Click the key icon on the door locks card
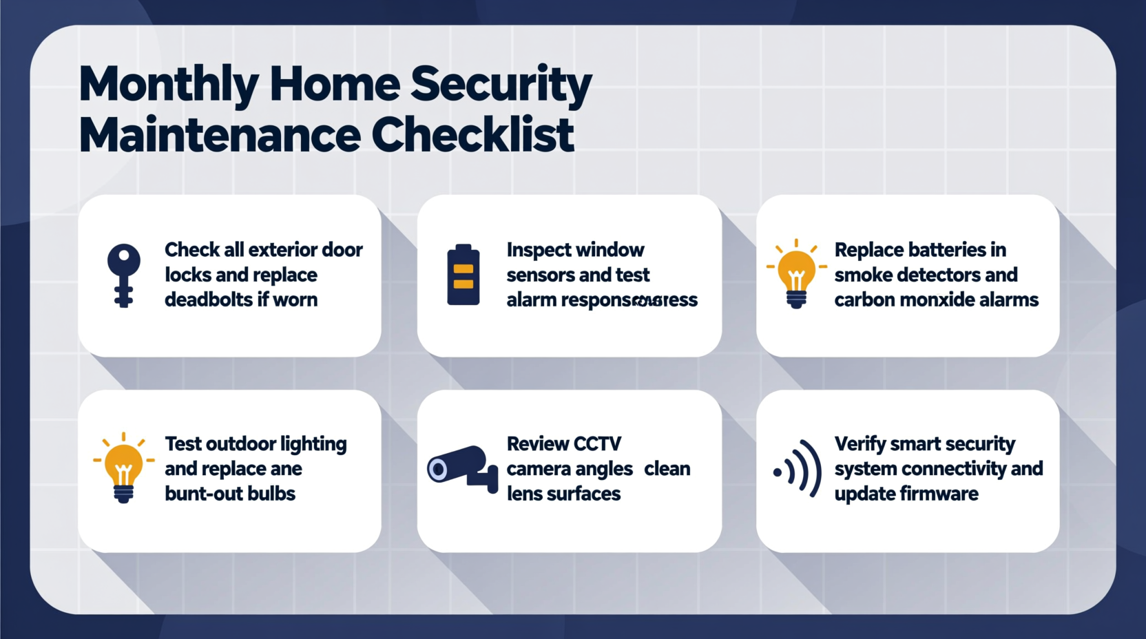[124, 274]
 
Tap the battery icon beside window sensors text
[463, 275]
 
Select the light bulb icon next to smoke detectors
[796, 274]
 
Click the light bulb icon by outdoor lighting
[123, 468]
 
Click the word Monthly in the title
[168, 85]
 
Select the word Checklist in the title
[472, 135]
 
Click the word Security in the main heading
[501, 85]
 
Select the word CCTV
[598, 444]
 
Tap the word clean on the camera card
[667, 469]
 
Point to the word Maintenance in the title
[220, 135]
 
